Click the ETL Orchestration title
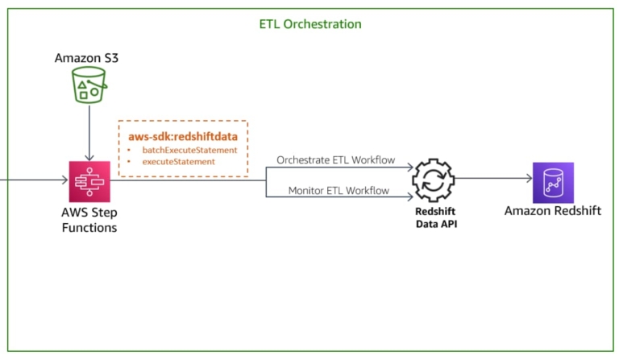click(x=310, y=24)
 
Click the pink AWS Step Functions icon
click(x=89, y=180)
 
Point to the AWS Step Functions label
click(x=89, y=221)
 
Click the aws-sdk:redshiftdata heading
click(x=183, y=137)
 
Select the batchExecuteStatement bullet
click(x=189, y=151)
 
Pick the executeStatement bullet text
click(x=178, y=162)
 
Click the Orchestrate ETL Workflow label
click(x=336, y=159)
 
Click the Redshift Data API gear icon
click(x=433, y=180)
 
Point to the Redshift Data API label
click(x=433, y=217)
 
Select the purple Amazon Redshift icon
click(x=553, y=182)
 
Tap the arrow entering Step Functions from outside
click(x=32, y=180)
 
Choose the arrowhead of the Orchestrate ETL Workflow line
click(x=409, y=168)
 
